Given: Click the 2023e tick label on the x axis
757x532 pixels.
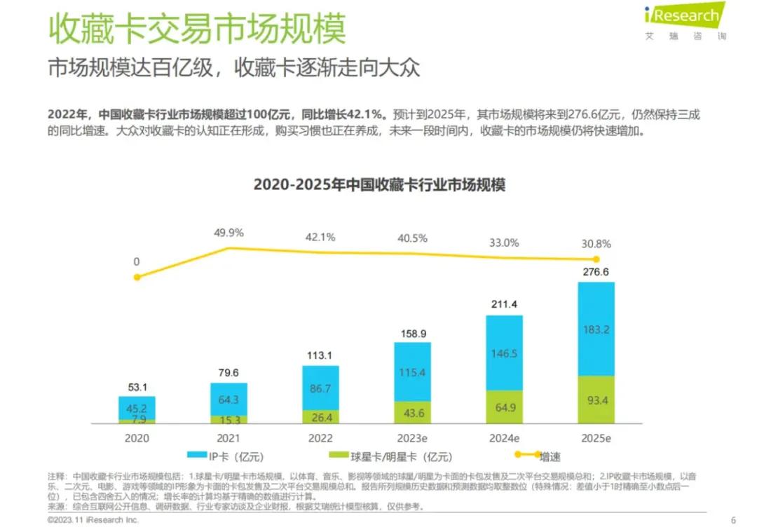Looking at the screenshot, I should point(412,439).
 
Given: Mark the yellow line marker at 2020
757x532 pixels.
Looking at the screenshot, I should point(137,277).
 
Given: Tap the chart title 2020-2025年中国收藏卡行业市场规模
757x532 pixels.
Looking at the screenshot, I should point(379,185).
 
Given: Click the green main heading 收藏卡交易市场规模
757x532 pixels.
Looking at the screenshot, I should point(197,31).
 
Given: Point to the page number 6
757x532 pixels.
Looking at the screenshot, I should point(733,520).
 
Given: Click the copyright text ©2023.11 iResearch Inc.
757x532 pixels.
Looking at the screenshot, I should point(93,520).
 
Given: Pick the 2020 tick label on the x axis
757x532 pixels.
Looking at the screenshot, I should point(137,439).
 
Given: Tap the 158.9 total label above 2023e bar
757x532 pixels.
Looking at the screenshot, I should point(412,334).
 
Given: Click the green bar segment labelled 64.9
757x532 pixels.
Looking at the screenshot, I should point(504,407).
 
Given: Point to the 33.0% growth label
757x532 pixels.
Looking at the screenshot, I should point(504,243).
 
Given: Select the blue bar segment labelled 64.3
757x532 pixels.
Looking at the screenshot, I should point(229,400).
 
